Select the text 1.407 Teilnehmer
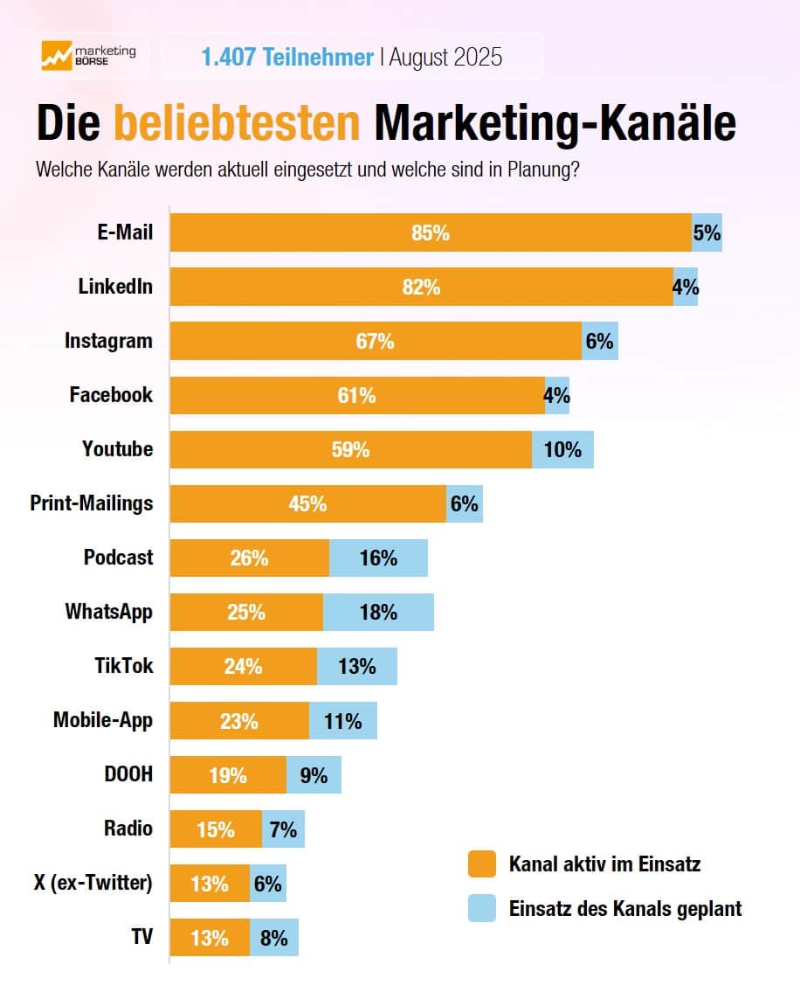click(287, 58)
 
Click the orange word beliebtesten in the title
click(238, 123)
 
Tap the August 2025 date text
click(445, 58)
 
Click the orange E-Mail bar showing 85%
click(431, 233)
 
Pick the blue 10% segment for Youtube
click(562, 450)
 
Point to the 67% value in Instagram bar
click(375, 342)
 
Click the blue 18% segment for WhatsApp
click(378, 612)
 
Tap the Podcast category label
click(118, 558)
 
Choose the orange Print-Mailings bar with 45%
click(307, 504)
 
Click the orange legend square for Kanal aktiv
click(481, 864)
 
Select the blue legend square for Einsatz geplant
click(481, 908)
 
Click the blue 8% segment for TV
click(274, 938)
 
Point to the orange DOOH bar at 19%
click(228, 775)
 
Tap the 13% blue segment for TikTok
click(356, 667)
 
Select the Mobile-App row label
click(102, 720)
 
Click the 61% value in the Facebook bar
click(356, 396)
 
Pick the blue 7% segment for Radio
click(283, 829)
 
